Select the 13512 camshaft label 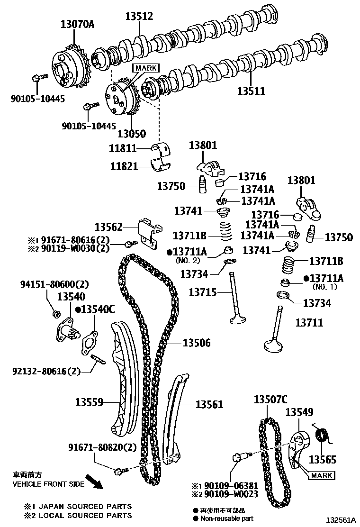click(x=139, y=17)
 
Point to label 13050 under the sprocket click(x=132, y=134)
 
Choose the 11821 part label click(x=124, y=166)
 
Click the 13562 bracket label click(x=109, y=227)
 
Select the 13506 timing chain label click(x=197, y=343)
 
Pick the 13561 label click(x=209, y=404)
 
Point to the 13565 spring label click(x=323, y=459)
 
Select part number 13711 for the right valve click(x=309, y=323)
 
